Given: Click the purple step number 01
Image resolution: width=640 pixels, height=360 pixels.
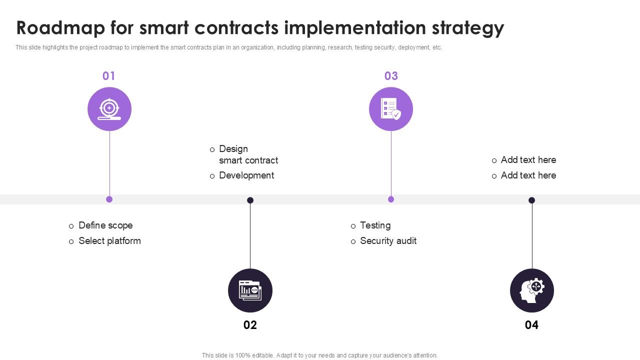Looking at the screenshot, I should pos(108,76).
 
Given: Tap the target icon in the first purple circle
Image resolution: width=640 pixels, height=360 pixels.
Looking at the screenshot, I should pos(109,109).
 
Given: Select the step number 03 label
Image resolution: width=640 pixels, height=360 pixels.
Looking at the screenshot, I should pos(391,76).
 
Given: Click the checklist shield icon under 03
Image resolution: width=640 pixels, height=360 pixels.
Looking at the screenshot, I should pos(391,109).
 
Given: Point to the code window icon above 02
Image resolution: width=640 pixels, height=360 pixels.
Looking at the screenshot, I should pos(250,290).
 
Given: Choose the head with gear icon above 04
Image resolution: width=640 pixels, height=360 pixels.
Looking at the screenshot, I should pos(532,290).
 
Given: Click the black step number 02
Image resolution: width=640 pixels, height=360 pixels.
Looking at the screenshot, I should pos(250,325).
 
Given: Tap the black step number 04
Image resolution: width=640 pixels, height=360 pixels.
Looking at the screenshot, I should pos(531,325).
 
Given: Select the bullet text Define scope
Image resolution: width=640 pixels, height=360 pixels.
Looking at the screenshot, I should pos(105,225).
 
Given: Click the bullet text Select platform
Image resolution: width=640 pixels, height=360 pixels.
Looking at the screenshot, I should pos(109,241).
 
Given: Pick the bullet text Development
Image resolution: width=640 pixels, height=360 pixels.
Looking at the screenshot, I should pos(246,175).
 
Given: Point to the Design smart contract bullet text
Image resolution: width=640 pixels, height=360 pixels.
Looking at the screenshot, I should pos(248,154).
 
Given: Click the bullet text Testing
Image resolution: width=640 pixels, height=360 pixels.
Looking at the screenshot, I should pos(375,225).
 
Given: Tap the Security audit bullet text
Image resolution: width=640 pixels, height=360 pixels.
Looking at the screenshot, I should pos(388,241).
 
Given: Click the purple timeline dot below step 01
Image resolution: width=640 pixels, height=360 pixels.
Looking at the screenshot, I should pos(109,199).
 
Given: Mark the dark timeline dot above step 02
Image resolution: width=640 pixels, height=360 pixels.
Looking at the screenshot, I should pos(250,200).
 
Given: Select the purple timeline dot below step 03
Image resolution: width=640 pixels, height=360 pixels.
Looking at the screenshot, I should pos(391,199).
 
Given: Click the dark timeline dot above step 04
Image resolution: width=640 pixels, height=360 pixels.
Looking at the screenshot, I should pos(532,200).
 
